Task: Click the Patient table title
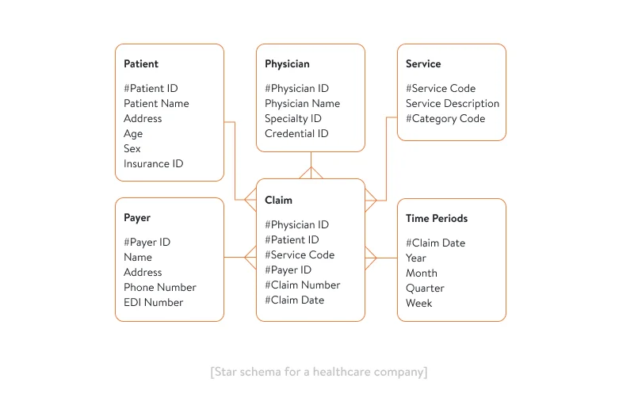tap(141, 64)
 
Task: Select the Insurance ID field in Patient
tap(153, 164)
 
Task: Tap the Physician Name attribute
tap(302, 104)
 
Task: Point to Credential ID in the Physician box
tap(296, 134)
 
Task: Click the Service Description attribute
tap(453, 104)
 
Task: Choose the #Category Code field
tap(445, 119)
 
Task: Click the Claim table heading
tap(278, 201)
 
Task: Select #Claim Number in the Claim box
tap(302, 285)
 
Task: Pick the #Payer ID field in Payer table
tap(147, 243)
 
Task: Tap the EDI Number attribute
tap(153, 303)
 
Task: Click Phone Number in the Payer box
tap(159, 288)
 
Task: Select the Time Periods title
tap(437, 219)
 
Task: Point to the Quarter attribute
tap(425, 289)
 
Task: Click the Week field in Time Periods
tap(419, 304)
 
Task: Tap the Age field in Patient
tap(133, 134)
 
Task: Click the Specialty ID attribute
tap(293, 119)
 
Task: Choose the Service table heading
tap(423, 64)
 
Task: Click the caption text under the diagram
tap(319, 372)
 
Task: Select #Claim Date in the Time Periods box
tap(435, 243)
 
